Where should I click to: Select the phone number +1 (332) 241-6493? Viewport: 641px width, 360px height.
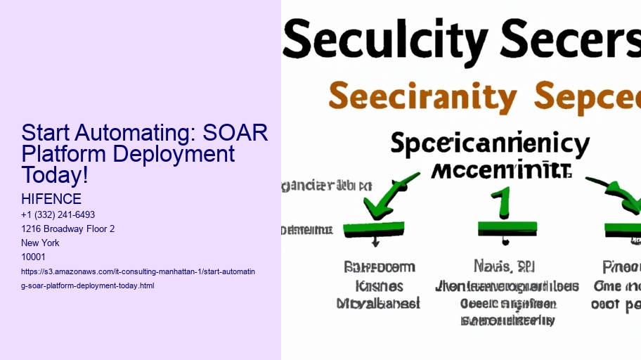pyautogui.click(x=58, y=214)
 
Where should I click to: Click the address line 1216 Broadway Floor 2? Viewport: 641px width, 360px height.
pyautogui.click(x=68, y=229)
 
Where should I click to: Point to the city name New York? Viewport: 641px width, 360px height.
pyautogui.click(x=41, y=243)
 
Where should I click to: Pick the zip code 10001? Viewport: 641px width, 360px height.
pyautogui.click(x=34, y=257)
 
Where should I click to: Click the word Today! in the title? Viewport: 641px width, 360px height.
pyautogui.click(x=55, y=175)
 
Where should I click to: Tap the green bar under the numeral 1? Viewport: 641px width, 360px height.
pyautogui.click(x=507, y=228)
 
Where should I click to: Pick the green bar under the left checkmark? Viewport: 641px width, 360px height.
pyautogui.click(x=373, y=228)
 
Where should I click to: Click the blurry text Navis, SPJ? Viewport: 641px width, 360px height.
pyautogui.click(x=504, y=266)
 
